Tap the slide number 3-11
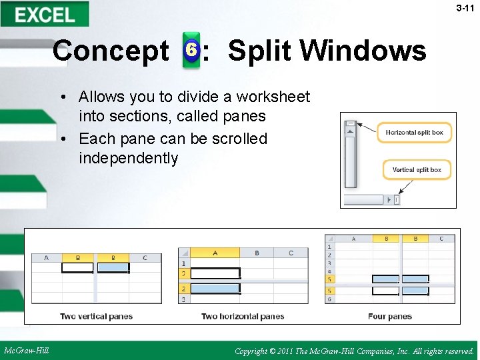(465, 8)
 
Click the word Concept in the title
(111, 51)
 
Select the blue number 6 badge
(191, 50)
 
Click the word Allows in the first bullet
(101, 97)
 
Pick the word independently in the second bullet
(129, 158)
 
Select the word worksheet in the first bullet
(275, 97)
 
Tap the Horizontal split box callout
(414, 132)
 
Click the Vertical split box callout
(417, 170)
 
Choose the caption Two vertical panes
(96, 316)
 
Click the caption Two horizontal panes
(243, 316)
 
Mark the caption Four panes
(389, 316)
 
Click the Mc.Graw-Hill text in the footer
(26, 350)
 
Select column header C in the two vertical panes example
(145, 258)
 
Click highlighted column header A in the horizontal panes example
(215, 253)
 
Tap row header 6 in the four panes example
(329, 299)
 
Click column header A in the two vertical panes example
(46, 258)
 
